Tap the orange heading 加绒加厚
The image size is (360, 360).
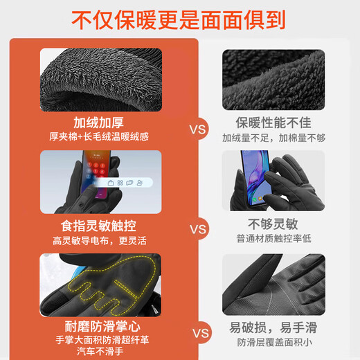(x=100, y=123)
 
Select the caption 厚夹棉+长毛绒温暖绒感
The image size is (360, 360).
(x=101, y=137)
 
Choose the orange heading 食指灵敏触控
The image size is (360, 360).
(x=100, y=226)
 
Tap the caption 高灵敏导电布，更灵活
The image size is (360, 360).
(x=100, y=240)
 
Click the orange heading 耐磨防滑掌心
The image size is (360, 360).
(x=100, y=325)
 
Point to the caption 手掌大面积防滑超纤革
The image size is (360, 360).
(x=100, y=340)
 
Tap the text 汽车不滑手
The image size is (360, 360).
(x=100, y=353)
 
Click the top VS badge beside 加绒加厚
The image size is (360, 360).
(x=199, y=128)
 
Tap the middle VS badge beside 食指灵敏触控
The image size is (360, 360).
(x=199, y=229)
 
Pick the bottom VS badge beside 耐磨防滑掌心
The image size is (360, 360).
(x=199, y=333)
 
